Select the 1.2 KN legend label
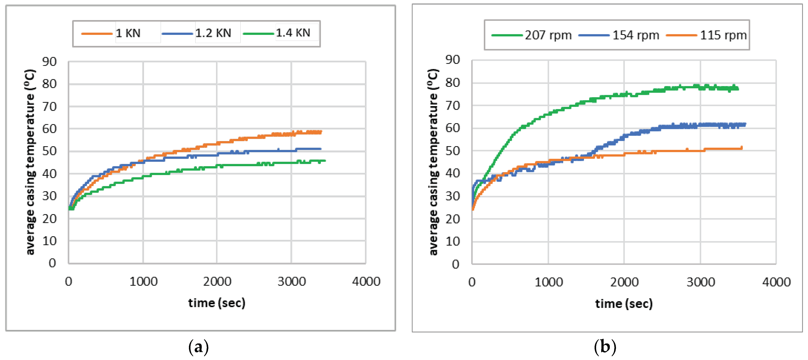213,33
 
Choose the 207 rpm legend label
548,35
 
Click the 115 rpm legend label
723,35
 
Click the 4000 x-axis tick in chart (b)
776,282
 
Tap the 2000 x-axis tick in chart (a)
217,282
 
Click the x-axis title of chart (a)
217,303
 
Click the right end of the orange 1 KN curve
321,132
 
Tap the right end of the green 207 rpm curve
738,89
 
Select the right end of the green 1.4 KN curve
325,161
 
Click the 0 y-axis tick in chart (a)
52,263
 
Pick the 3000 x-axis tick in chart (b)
701,282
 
